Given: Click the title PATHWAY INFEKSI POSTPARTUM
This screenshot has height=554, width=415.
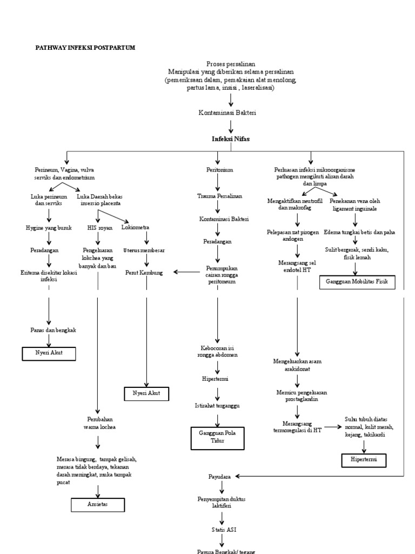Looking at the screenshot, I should pyautogui.click(x=85, y=48).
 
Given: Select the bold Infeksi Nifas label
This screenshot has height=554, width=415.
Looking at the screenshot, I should pyautogui.click(x=231, y=139).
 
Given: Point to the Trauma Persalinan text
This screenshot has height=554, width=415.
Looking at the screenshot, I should pyautogui.click(x=219, y=195).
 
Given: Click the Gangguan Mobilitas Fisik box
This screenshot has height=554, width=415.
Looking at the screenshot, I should pyautogui.click(x=357, y=282).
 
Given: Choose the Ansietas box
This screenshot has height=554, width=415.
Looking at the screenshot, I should pyautogui.click(x=98, y=504).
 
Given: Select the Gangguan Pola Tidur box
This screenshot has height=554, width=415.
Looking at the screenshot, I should pyautogui.click(x=218, y=437).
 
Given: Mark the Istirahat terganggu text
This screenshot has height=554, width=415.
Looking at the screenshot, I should pyautogui.click(x=217, y=405).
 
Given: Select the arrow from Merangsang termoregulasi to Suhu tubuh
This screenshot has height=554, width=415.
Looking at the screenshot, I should pyautogui.click(x=332, y=427).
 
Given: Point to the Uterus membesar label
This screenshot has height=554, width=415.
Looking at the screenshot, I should pyautogui.click(x=144, y=250).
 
